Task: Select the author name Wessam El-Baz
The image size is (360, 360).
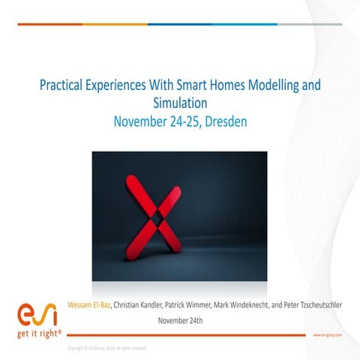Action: click(89, 305)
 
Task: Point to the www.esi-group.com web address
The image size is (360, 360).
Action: click(328, 336)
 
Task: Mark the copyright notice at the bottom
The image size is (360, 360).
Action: click(106, 349)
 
